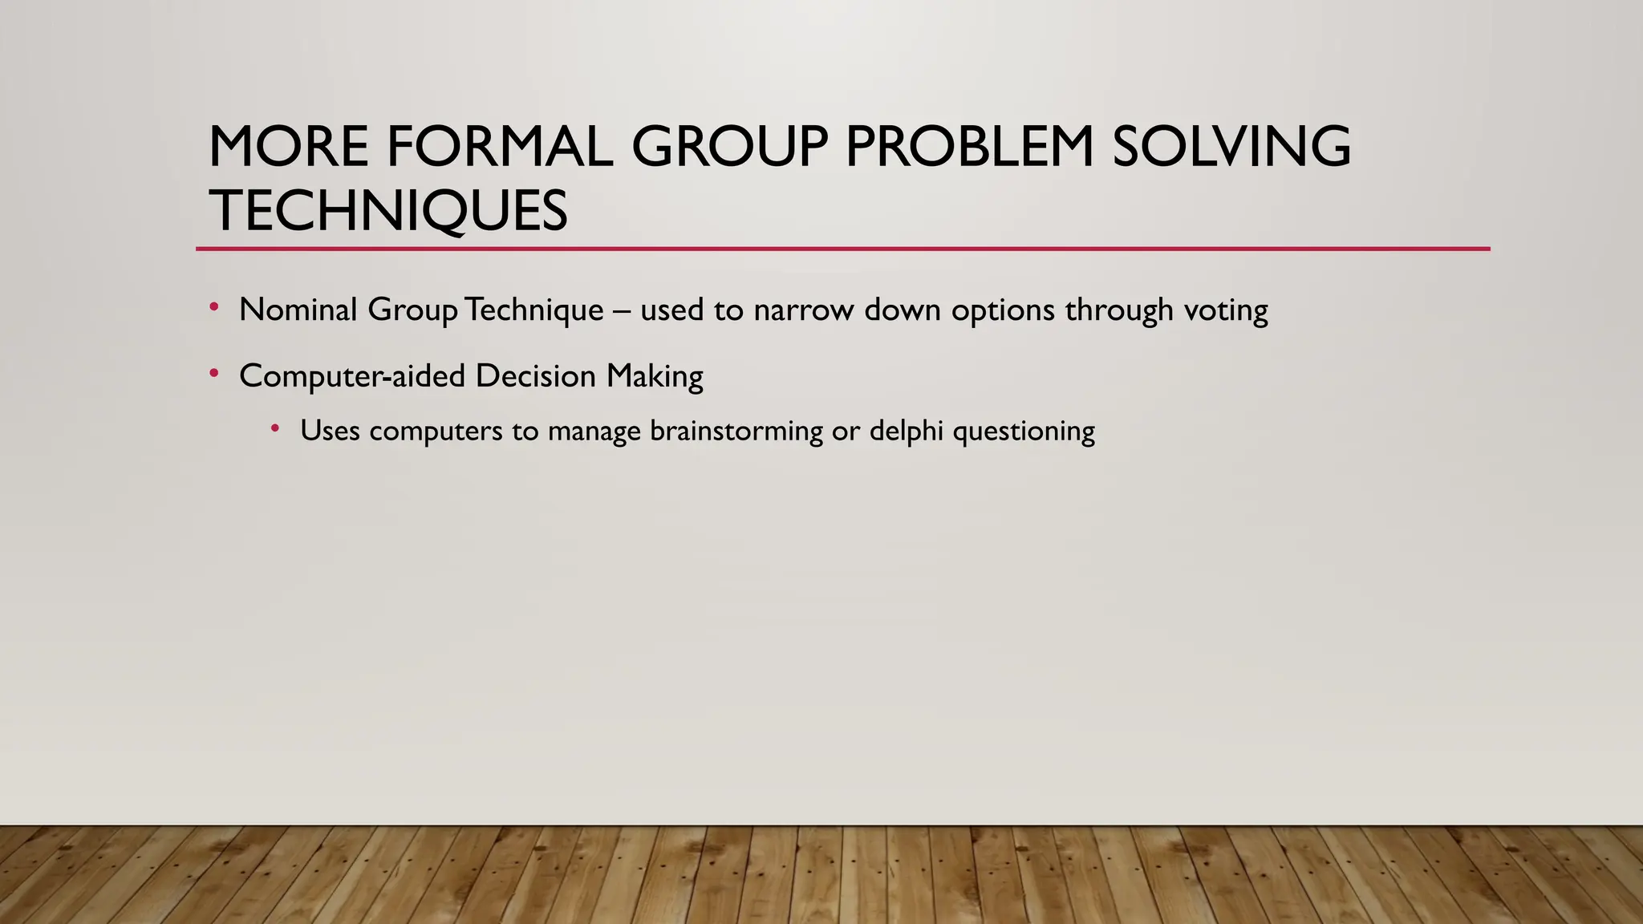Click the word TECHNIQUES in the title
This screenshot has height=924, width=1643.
click(x=388, y=211)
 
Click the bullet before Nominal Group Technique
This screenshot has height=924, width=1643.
click(x=214, y=307)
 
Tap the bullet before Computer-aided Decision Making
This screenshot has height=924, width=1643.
click(x=214, y=374)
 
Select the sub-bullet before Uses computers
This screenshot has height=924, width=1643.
click(x=275, y=429)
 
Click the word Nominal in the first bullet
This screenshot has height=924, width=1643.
click(x=298, y=310)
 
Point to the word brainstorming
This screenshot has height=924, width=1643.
click(x=736, y=432)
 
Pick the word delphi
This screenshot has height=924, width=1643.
click(x=906, y=432)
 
